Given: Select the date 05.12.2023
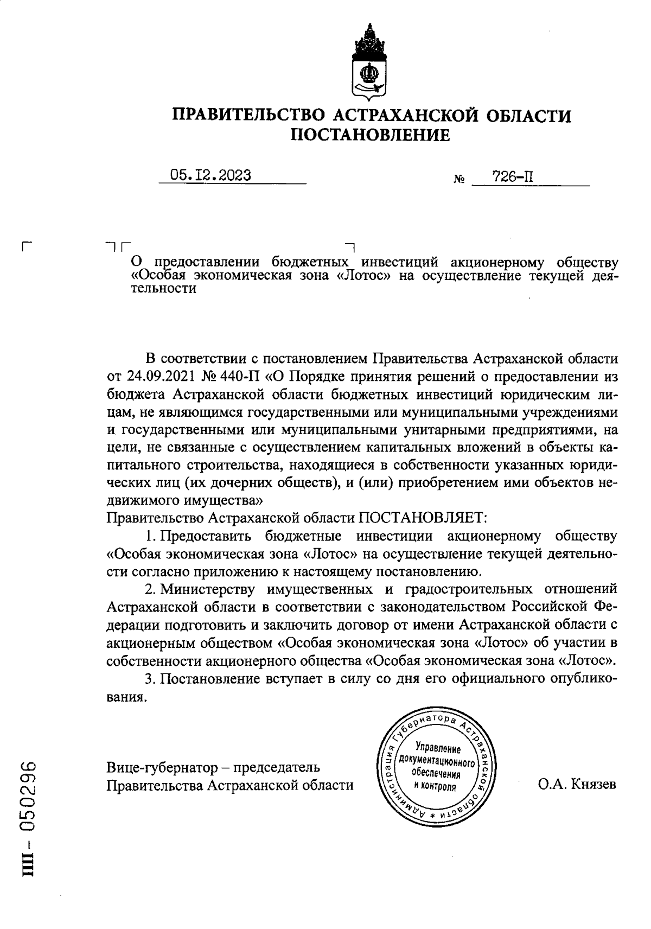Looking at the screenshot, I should [211, 175].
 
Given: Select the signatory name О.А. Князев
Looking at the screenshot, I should [577, 785].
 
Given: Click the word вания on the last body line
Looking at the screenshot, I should [127, 697].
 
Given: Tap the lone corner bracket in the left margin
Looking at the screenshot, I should [26, 246].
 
